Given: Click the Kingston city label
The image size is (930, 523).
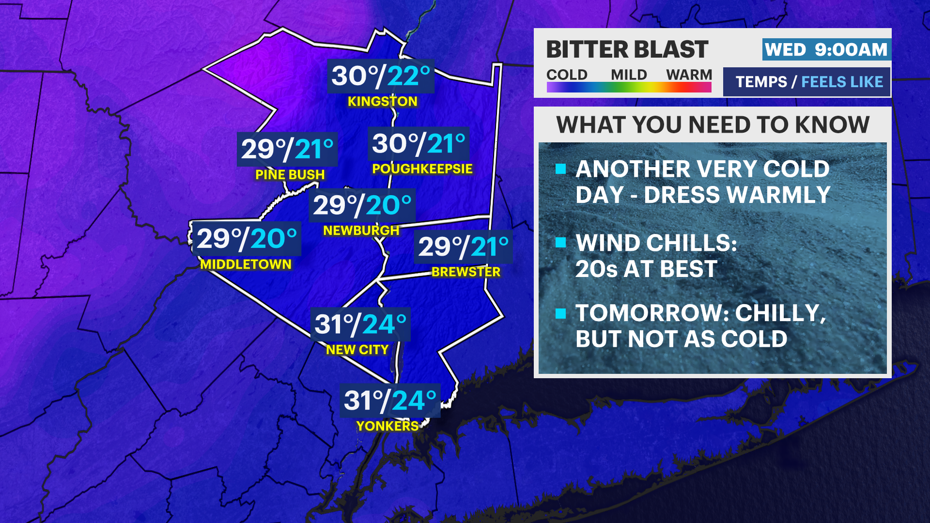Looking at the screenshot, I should (x=382, y=101).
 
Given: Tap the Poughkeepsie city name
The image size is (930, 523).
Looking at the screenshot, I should (x=422, y=169).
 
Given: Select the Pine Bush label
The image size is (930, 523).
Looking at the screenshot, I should (x=290, y=174).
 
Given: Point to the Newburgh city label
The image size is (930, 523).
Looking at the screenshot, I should (x=361, y=231).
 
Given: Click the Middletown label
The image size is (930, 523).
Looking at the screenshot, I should (x=246, y=264).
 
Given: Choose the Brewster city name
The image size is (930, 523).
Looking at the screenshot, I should (x=465, y=272).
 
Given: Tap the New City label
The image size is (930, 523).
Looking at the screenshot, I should (x=357, y=350).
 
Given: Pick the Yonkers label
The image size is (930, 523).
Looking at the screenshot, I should (x=387, y=426).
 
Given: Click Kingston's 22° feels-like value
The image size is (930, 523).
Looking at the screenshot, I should (x=408, y=77).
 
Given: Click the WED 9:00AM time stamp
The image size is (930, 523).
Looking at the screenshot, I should (x=826, y=50).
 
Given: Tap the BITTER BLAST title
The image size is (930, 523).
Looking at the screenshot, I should (x=627, y=50).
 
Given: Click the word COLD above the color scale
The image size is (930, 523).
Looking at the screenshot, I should (x=567, y=75).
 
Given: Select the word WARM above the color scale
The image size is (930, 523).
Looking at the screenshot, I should (x=689, y=75).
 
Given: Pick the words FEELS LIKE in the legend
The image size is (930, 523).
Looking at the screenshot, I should (x=842, y=82).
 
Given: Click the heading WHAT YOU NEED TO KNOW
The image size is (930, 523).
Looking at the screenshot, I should (x=713, y=125).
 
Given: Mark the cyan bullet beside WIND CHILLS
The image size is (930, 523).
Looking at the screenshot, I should (x=561, y=242).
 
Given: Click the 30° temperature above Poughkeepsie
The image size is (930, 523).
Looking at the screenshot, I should (x=390, y=144).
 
